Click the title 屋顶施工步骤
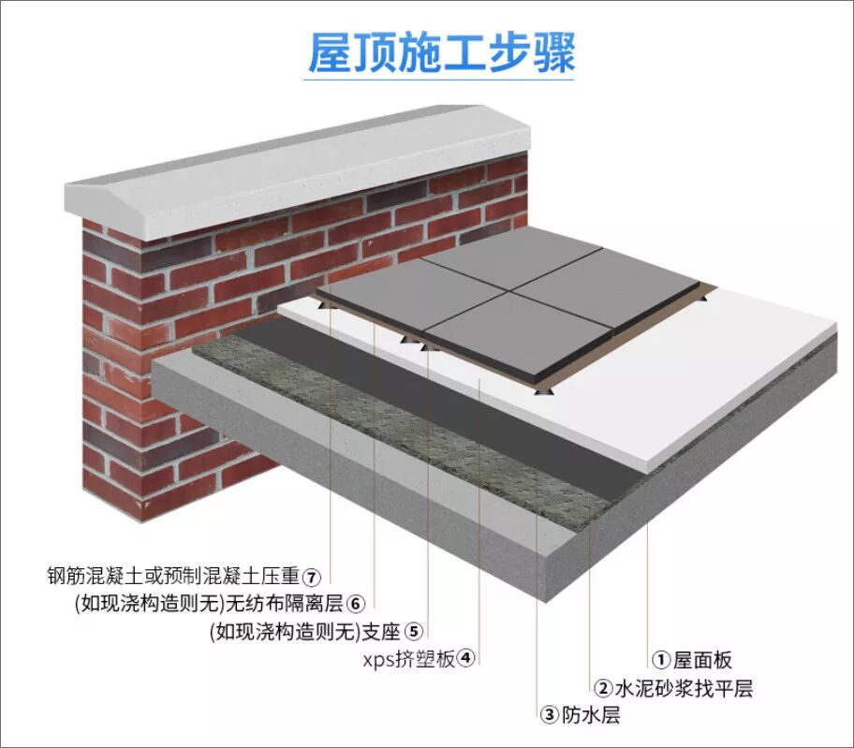pos(441,52)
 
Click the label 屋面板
pos(703,660)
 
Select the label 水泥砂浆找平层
pos(685,689)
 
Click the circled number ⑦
pos(312,575)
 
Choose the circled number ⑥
pos(354,602)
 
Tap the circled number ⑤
pos(414,630)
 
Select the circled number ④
pos(466,657)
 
